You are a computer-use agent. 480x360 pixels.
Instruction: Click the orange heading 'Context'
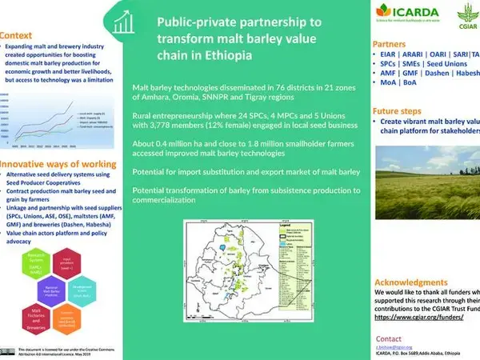(x=17, y=36)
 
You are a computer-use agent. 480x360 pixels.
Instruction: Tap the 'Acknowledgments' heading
(x=421, y=283)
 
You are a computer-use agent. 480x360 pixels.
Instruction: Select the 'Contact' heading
(x=389, y=338)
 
